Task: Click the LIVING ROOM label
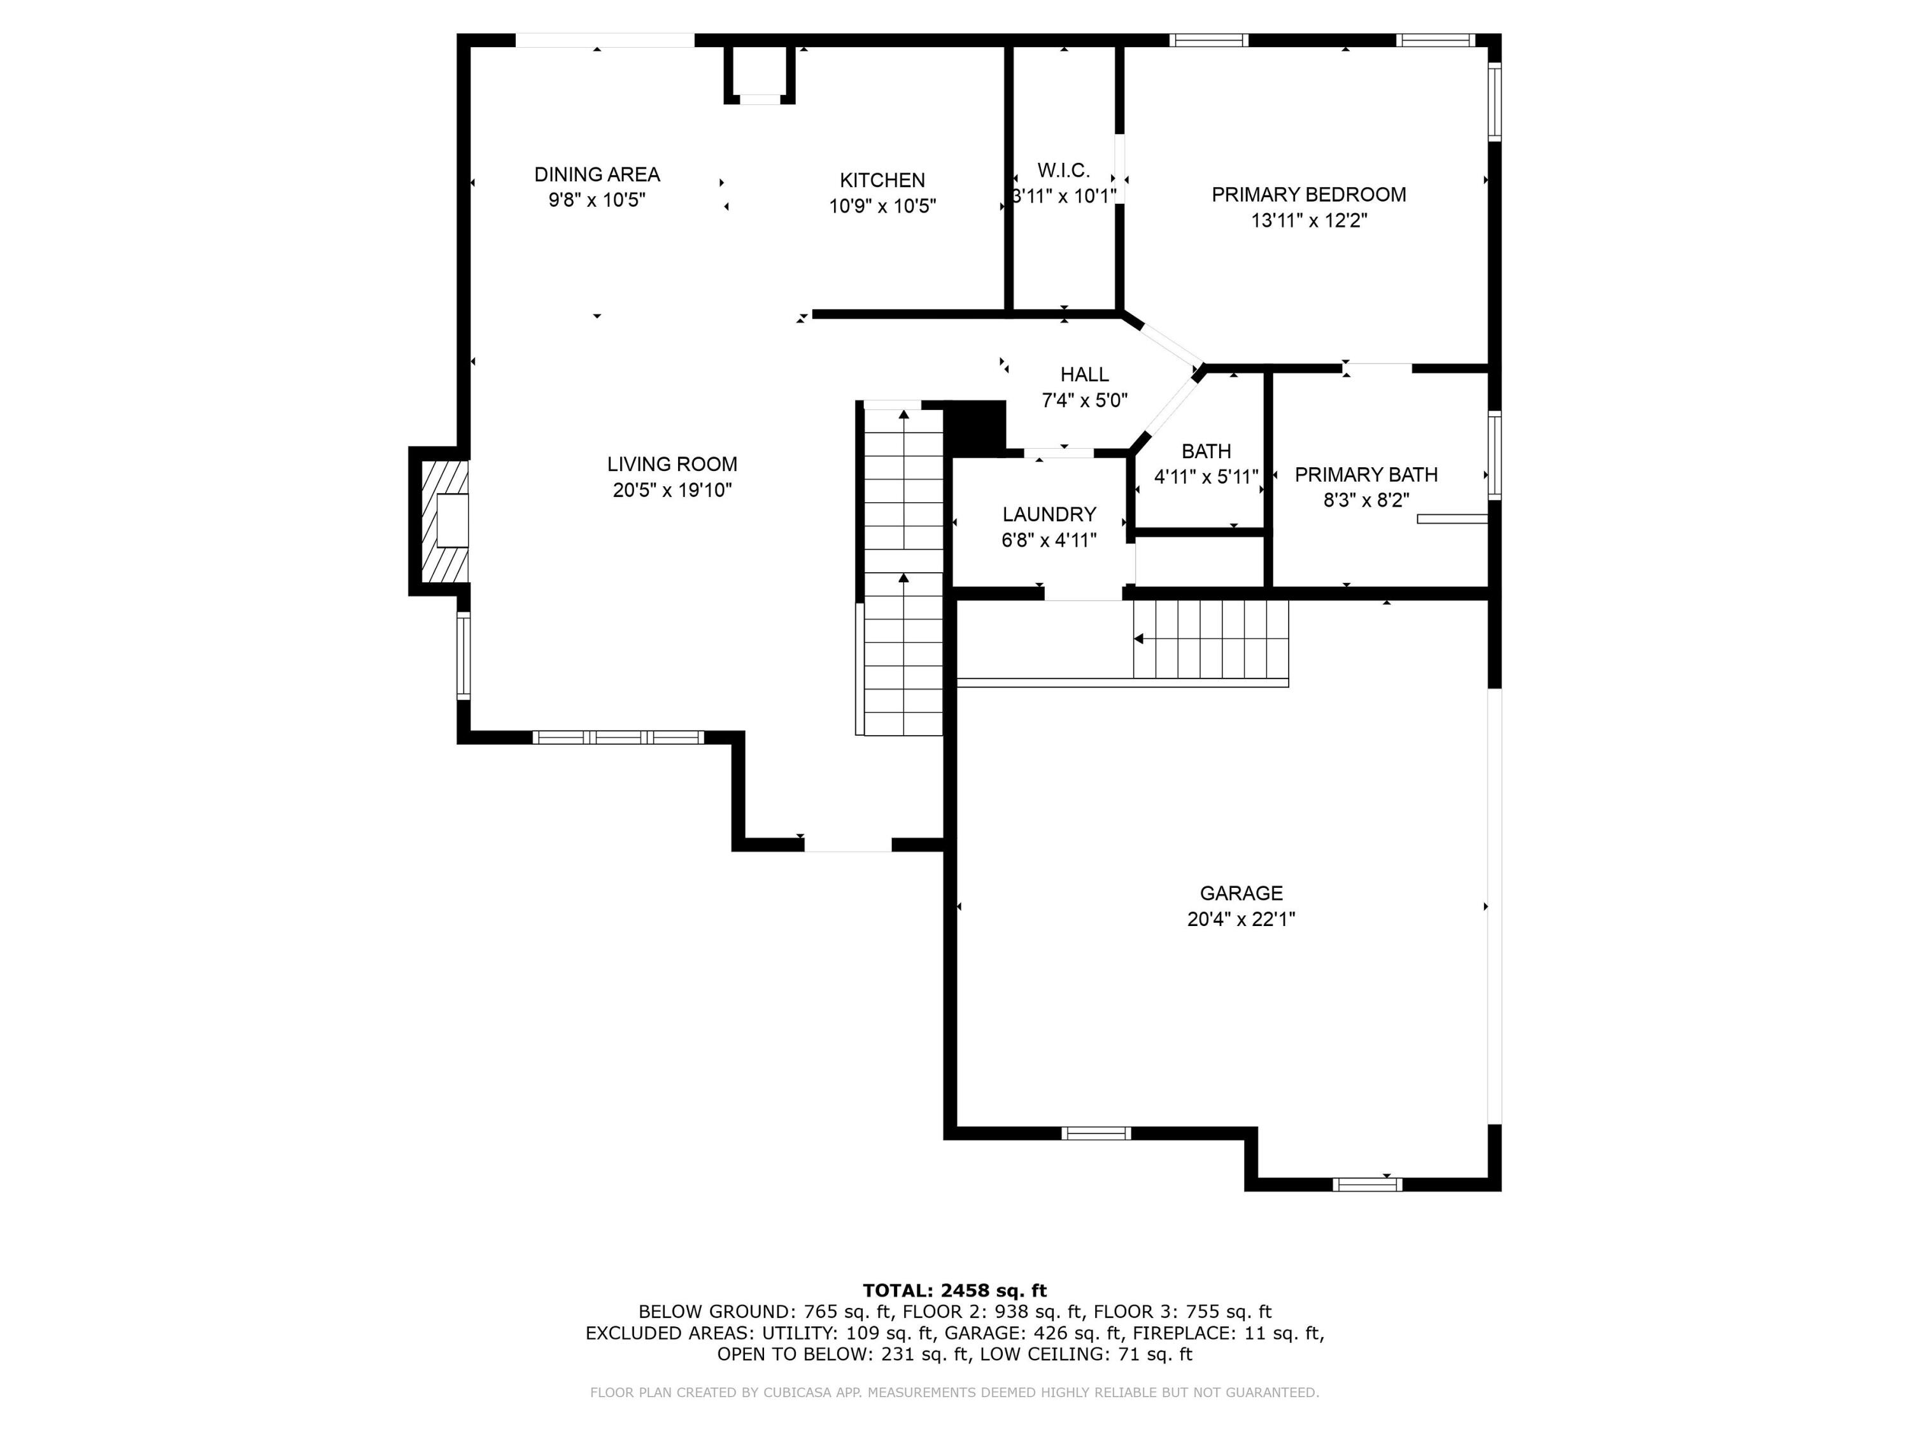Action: coord(672,465)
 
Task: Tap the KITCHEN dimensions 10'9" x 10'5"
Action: coord(882,206)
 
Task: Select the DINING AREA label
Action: coord(597,174)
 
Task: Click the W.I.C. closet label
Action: coord(1063,170)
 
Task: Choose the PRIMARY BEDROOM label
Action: coord(1308,194)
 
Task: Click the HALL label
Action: coord(1084,375)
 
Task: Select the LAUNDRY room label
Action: coord(1048,514)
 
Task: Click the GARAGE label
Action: coord(1240,894)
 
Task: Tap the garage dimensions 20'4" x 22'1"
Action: coord(1240,919)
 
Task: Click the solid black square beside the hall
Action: coord(976,426)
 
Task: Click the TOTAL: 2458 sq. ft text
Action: coord(954,1291)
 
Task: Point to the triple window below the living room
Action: coord(618,737)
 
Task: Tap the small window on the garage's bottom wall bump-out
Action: coord(1366,1184)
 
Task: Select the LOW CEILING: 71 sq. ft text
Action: coord(1086,1354)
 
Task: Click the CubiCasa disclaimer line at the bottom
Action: coord(954,1393)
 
